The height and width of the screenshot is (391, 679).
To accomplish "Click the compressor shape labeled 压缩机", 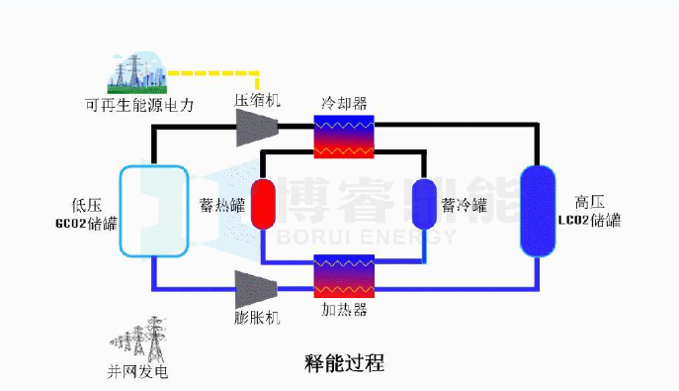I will pos(256,126).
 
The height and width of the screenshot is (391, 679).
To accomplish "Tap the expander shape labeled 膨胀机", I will pos(256,288).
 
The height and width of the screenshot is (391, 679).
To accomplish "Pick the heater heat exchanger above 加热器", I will pos(343,277).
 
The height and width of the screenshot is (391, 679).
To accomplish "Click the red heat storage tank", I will pos(264,204).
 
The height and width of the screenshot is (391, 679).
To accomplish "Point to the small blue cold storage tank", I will pos(424,204).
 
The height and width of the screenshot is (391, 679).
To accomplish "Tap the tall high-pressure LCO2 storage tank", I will pos(540,210).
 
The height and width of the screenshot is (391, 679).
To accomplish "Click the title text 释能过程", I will pos(345,363).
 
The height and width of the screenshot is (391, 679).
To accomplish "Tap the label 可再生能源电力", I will pos(138,104).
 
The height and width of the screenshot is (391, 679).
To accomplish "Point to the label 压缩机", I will pos(258,100).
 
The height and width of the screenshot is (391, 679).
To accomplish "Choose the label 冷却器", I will pos(343,103).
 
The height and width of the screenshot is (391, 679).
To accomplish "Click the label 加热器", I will pos(344,310).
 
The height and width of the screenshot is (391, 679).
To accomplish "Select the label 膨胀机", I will pos(258,318).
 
